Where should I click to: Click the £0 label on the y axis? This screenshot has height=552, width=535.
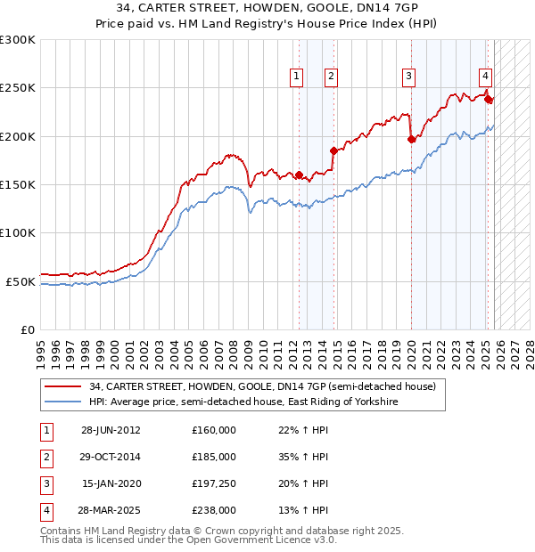point(27,329)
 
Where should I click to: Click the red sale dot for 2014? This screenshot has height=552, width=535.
point(333,150)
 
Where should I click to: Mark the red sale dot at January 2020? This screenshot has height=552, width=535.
point(411,139)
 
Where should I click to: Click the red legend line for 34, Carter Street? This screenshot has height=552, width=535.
point(62,387)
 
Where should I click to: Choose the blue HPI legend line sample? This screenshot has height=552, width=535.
point(62,402)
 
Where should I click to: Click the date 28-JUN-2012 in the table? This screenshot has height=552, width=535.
point(111,430)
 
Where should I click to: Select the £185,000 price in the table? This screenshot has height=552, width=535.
point(213,457)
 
